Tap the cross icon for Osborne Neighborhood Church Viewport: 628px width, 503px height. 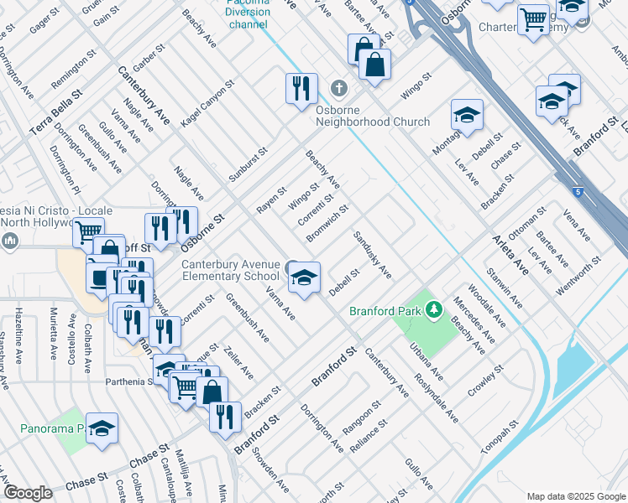pyautogui.click(x=338, y=88)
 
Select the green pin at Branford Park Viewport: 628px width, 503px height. pyautogui.click(x=433, y=311)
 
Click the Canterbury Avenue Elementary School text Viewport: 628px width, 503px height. pyautogui.click(x=231, y=270)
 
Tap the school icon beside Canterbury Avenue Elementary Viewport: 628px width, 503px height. pyautogui.click(x=303, y=278)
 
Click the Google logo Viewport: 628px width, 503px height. pyautogui.click(x=28, y=493)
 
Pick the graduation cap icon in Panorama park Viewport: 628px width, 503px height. pyautogui.click(x=102, y=429)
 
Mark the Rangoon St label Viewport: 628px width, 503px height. pyautogui.click(x=362, y=417)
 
